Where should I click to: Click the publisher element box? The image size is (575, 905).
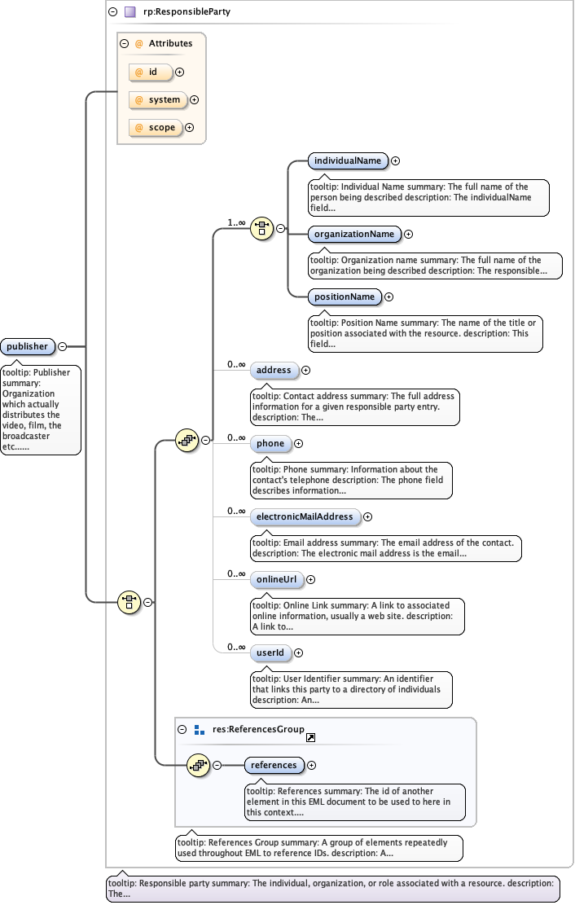click(x=28, y=347)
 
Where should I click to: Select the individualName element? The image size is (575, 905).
click(x=348, y=160)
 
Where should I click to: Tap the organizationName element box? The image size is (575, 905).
click(x=354, y=234)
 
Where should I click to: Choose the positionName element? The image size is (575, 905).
click(x=345, y=297)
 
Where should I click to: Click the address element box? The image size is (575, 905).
click(x=274, y=370)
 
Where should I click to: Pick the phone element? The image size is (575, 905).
click(x=270, y=443)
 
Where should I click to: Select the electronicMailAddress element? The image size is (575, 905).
click(x=305, y=516)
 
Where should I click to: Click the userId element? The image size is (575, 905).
click(x=270, y=652)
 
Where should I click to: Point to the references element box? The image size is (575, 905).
click(x=274, y=765)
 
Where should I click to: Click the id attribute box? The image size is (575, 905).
click(x=151, y=72)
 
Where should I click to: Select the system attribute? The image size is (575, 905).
click(x=158, y=99)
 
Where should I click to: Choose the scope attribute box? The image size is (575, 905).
click(x=156, y=127)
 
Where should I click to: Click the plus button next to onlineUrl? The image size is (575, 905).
click(x=310, y=579)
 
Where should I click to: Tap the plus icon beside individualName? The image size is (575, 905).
click(x=395, y=160)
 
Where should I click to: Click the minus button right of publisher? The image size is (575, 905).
click(x=63, y=347)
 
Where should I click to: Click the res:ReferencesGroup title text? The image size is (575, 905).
click(x=258, y=730)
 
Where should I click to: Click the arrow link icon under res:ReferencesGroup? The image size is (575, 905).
click(x=310, y=738)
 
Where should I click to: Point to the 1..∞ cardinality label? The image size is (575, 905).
click(x=236, y=222)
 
